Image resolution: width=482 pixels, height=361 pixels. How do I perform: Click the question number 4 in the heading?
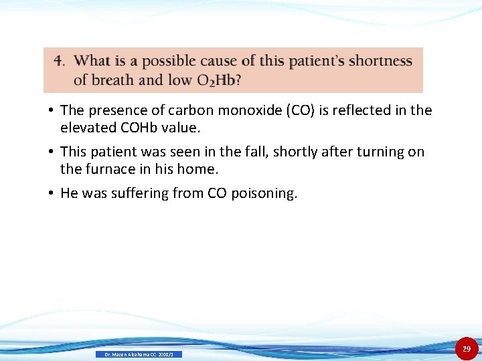[59, 61]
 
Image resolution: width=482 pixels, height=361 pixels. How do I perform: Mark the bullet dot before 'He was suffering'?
[51, 194]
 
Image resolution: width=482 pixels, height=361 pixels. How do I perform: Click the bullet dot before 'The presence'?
[51, 110]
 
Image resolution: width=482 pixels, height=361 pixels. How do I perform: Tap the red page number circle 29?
[467, 348]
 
